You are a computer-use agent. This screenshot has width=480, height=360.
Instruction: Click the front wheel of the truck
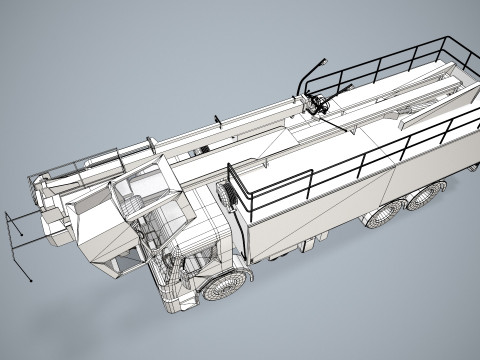pos(222,287)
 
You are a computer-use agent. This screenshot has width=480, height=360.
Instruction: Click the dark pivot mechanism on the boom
pos(319,104)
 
